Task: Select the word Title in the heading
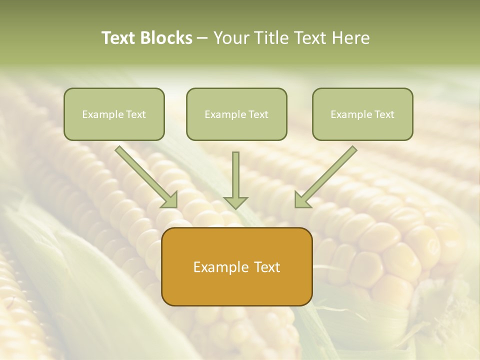pyautogui.click(x=272, y=38)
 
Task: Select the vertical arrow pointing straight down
pyautogui.click(x=235, y=175)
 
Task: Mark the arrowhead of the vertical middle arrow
pyautogui.click(x=235, y=202)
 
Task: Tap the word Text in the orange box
pyautogui.click(x=266, y=267)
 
